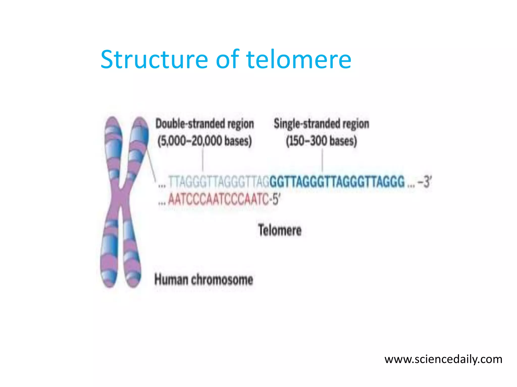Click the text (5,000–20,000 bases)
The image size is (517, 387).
pos(204,141)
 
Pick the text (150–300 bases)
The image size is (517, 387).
pos(321,141)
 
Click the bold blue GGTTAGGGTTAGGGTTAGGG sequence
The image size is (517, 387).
pos(337,182)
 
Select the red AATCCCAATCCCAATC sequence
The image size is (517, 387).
pos(218,199)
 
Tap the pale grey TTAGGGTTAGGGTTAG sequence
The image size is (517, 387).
pos(219,182)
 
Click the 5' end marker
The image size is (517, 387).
pos(276,199)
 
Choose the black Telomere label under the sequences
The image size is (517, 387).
pos(280,230)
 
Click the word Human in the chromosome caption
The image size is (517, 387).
pos(171,280)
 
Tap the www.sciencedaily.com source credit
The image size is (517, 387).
pos(443,359)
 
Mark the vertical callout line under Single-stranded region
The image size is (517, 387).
pos(322,160)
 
